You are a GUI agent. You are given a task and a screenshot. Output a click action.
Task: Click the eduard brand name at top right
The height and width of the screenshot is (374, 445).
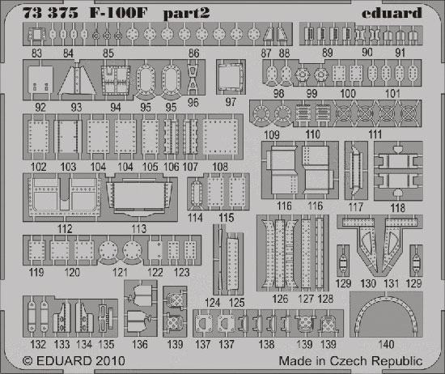coord(392,13)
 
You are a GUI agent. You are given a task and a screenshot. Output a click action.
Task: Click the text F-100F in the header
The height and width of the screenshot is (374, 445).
coord(118,13)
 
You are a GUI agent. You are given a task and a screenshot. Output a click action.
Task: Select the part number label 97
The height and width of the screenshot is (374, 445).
coord(231,102)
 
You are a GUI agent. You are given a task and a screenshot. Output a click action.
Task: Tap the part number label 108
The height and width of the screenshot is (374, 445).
coord(220,167)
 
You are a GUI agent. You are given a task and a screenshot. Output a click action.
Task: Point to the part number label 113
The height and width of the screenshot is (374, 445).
coord(139,228)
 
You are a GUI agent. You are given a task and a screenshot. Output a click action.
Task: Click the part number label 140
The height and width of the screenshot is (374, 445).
coord(386,344)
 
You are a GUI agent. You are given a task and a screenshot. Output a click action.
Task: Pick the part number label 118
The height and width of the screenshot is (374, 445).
coord(397,208)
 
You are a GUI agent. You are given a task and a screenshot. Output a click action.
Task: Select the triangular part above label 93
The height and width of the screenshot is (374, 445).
coord(77,79)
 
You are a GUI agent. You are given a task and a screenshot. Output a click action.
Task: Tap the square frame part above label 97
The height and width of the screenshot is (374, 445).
coord(231,77)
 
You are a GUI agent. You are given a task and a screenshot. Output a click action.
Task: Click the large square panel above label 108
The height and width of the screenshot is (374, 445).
coord(220,137)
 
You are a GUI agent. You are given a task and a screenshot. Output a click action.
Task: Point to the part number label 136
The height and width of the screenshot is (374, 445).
coord(140,345)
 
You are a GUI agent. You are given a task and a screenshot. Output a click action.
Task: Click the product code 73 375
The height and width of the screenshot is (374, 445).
coord(50,13)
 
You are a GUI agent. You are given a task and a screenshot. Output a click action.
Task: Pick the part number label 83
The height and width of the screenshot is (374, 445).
coord(36,53)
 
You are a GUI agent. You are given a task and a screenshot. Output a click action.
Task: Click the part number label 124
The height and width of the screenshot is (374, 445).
coord(212,303)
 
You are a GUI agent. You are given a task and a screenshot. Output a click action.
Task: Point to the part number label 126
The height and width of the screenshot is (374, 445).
coord(280,299)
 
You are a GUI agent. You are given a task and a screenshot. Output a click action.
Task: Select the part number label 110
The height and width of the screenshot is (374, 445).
coord(313,134)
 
